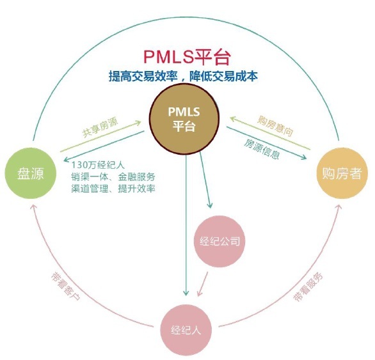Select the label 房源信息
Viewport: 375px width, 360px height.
coord(262,145)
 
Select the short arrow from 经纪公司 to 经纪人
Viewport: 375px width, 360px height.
coord(202,283)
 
